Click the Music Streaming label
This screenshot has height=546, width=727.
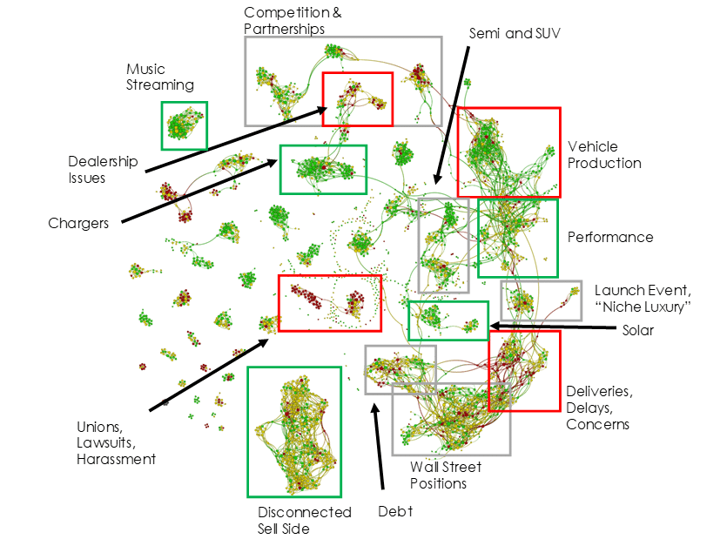160,77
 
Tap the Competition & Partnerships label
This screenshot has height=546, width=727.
293,20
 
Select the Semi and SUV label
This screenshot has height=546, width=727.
515,33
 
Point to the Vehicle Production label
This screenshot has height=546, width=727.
604,155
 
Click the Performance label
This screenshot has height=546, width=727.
610,237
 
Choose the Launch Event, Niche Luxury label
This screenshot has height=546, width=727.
643,299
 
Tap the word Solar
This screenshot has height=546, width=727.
638,330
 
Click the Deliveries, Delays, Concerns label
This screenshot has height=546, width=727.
600,408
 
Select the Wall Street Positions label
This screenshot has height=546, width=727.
446,475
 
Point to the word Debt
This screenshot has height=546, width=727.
395,511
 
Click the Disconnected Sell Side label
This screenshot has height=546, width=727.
305,520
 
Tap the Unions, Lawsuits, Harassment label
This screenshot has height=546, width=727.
117,442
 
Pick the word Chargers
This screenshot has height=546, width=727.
78,223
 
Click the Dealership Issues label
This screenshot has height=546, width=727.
103,169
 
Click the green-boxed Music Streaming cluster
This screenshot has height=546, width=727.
185,125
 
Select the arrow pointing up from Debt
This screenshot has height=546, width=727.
379,446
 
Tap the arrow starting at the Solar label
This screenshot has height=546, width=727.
552,327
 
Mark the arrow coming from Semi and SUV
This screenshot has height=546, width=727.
452,115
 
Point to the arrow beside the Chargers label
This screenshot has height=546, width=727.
199,191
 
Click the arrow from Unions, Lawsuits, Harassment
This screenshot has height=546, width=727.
209,374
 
